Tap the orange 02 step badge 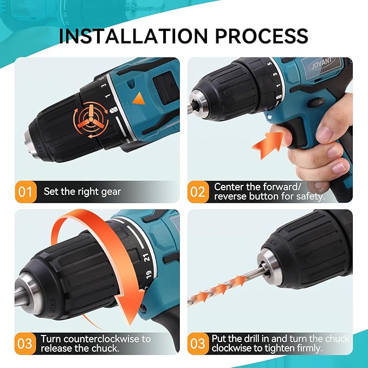pyautogui.click(x=198, y=191)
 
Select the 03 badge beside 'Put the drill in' pyautogui.click(x=198, y=343)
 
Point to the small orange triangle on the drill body pyautogui.click(x=140, y=99)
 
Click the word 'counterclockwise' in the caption pyautogui.click(x=105, y=339)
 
